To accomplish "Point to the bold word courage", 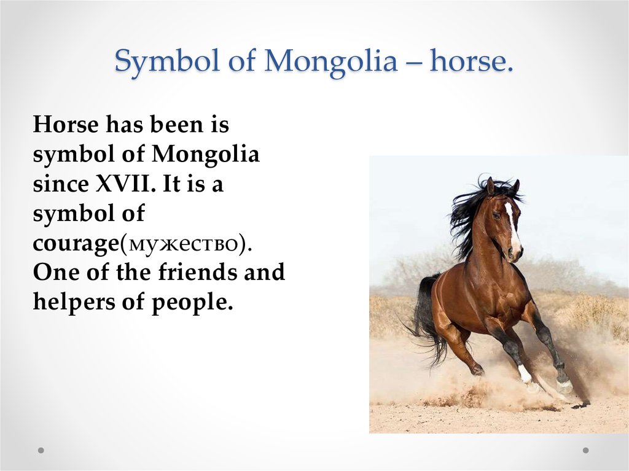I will tap(75, 243).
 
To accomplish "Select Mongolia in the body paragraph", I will tap(206, 155).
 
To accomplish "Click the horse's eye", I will tap(497, 216).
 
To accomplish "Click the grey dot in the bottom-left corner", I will tap(41, 450).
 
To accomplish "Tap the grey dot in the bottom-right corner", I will tap(585, 450).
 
